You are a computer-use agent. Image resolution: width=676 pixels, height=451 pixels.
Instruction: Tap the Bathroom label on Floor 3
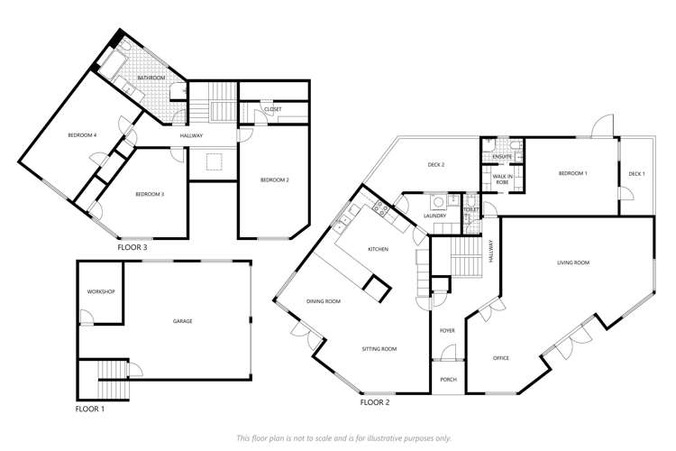(151, 78)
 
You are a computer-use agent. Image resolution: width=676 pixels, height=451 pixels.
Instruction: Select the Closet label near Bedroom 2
(272, 109)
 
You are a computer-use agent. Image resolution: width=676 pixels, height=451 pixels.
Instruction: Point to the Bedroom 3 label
(149, 194)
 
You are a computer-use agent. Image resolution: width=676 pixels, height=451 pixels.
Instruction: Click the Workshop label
(99, 292)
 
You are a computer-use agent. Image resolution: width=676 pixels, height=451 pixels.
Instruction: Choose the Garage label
(183, 321)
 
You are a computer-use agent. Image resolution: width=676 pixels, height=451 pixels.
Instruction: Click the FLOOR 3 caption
(132, 246)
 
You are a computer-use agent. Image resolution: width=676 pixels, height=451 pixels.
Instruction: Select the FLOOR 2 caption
(374, 402)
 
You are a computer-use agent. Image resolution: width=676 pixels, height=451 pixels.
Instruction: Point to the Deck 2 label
(436, 165)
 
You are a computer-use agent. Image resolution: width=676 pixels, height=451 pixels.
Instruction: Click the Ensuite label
(502, 157)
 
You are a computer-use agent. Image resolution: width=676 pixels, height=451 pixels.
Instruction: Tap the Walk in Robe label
(502, 179)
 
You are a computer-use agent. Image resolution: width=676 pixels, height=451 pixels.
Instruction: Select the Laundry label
(435, 216)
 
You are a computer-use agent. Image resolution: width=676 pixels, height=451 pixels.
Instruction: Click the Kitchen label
(378, 248)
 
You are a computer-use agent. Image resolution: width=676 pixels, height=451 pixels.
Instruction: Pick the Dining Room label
(323, 301)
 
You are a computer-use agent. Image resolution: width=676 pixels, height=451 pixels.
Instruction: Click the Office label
(501, 358)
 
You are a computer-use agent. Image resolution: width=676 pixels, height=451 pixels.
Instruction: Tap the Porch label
(448, 380)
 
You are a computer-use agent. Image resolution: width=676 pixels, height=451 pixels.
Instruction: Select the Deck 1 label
(636, 173)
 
